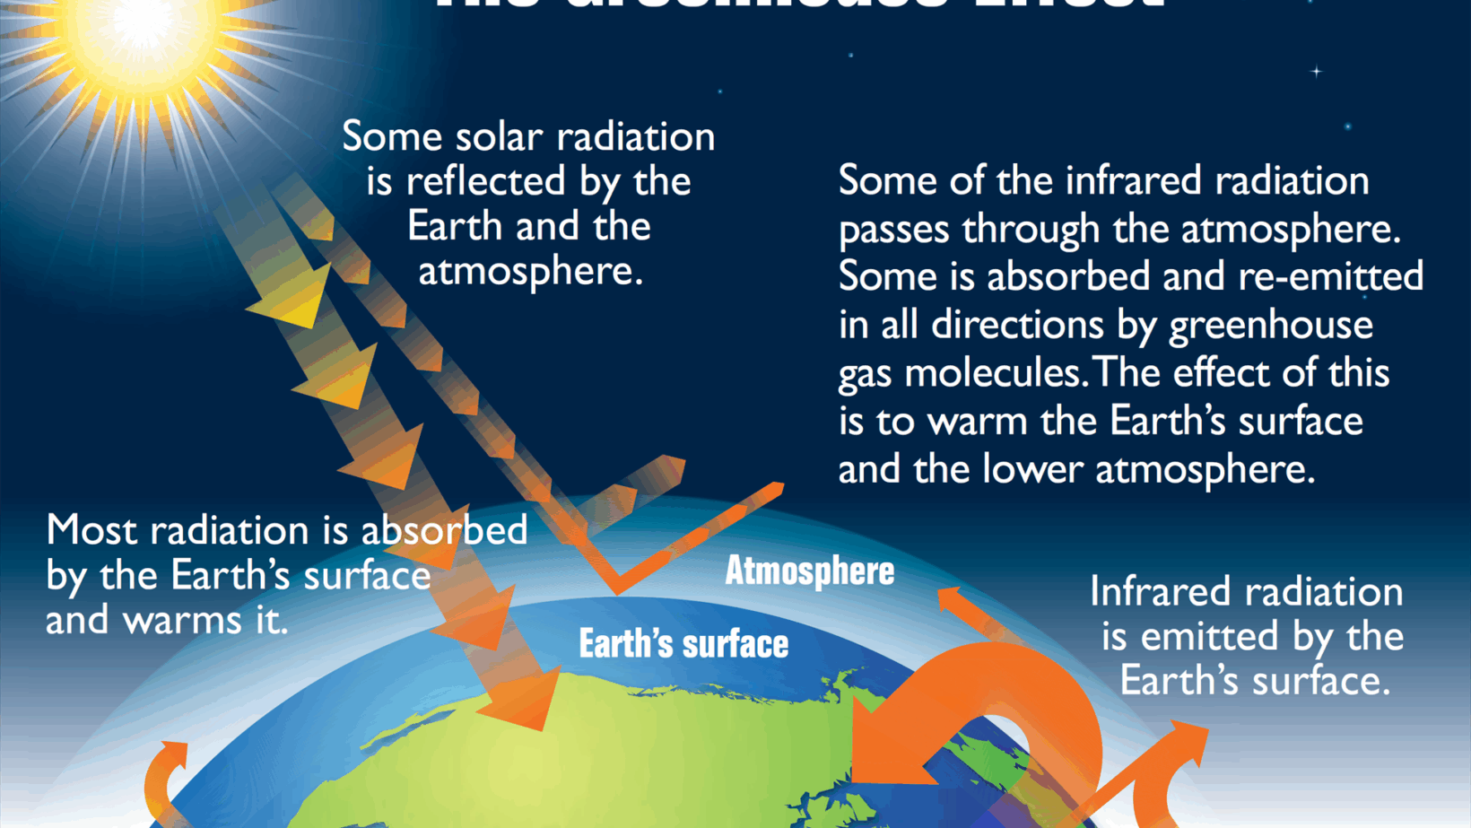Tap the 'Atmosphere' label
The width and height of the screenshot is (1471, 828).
809,571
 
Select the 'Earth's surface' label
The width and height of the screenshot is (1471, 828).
683,644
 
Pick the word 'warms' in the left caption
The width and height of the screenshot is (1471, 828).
181,620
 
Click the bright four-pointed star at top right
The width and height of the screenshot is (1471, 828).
1316,71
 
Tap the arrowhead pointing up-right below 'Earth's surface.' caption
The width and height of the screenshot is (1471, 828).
1184,741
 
